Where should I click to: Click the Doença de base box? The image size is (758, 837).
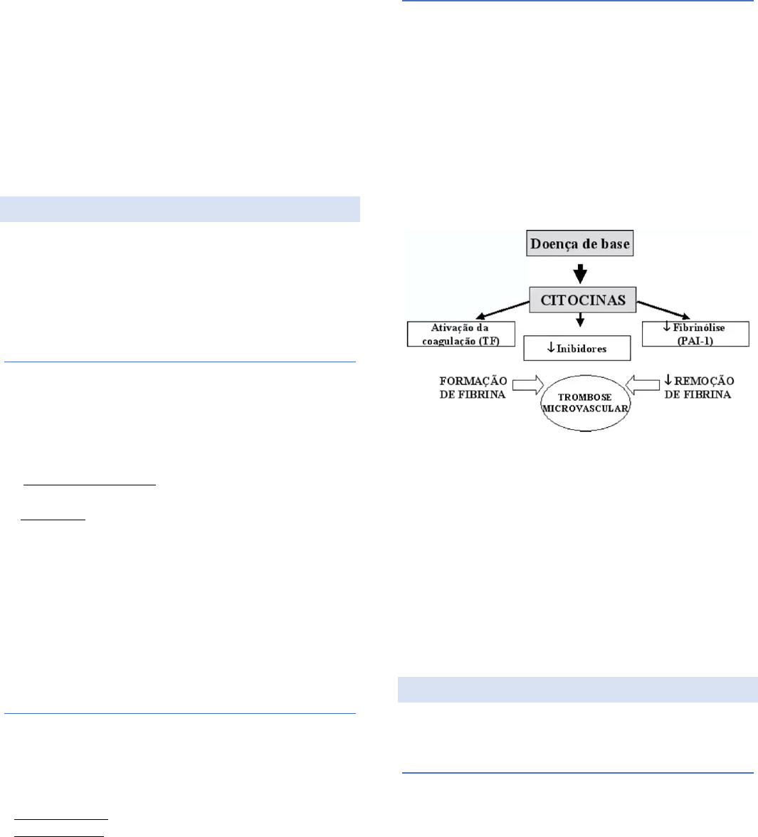pyautogui.click(x=580, y=244)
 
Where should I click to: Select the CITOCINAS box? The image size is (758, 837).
pyautogui.click(x=582, y=300)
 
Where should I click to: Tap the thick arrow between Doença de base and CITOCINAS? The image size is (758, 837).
pyautogui.click(x=580, y=273)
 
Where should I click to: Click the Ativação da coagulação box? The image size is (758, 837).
pyautogui.click(x=461, y=334)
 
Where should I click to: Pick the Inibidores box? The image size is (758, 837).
pyautogui.click(x=577, y=348)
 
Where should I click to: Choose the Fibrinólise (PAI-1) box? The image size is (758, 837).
pyautogui.click(x=695, y=334)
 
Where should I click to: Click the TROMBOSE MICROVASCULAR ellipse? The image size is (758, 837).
pyautogui.click(x=584, y=402)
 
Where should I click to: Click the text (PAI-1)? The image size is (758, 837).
pyautogui.click(x=695, y=340)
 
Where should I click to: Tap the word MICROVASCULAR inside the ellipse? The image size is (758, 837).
pyautogui.click(x=584, y=409)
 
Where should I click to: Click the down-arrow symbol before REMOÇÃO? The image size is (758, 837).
pyautogui.click(x=668, y=381)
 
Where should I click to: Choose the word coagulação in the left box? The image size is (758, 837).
pyautogui.click(x=448, y=340)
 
